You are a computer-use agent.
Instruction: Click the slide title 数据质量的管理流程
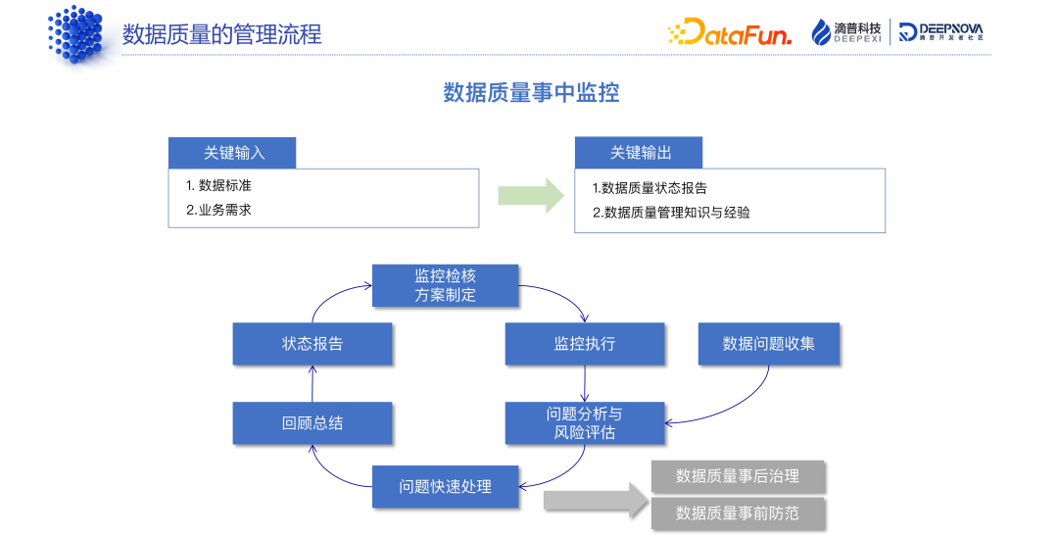(221, 34)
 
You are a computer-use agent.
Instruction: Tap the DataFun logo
(730, 33)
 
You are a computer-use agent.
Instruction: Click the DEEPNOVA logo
(941, 32)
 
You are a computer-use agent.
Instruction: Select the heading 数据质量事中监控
(531, 93)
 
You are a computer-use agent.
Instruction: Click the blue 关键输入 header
(231, 153)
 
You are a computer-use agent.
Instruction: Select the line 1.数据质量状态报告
(649, 188)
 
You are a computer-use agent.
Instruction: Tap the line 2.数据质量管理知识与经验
(671, 213)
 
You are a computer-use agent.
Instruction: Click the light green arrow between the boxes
(531, 194)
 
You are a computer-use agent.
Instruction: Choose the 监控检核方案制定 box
(445, 285)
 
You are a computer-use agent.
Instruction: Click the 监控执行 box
(585, 344)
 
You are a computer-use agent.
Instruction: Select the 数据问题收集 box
(769, 344)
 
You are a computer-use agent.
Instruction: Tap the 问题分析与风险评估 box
(585, 422)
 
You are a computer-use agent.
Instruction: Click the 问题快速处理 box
(445, 486)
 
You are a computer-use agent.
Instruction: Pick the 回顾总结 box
(313, 423)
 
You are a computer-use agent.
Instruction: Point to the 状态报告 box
(313, 344)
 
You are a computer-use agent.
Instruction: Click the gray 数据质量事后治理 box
(738, 476)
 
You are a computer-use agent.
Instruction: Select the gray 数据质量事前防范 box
(738, 513)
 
